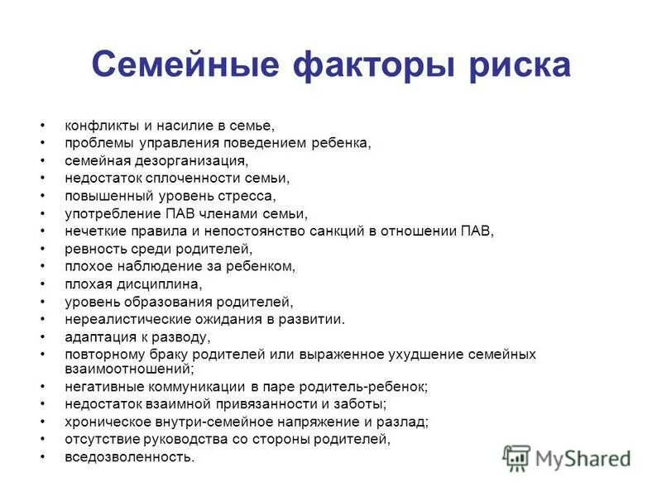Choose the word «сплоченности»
(x=194, y=178)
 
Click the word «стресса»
(x=246, y=196)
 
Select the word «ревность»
(x=93, y=249)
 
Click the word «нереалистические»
(x=115, y=318)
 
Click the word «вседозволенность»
(x=128, y=457)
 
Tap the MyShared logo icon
(x=516, y=457)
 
